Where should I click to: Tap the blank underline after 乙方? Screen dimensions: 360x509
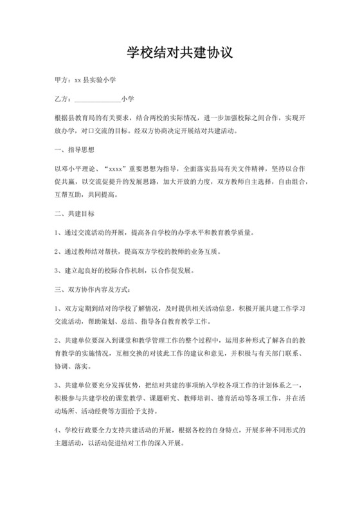click(97, 100)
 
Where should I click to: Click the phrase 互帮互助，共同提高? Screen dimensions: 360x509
click(87, 193)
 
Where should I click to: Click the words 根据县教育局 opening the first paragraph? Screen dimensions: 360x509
click(74, 119)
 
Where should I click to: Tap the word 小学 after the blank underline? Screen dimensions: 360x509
click(127, 100)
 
